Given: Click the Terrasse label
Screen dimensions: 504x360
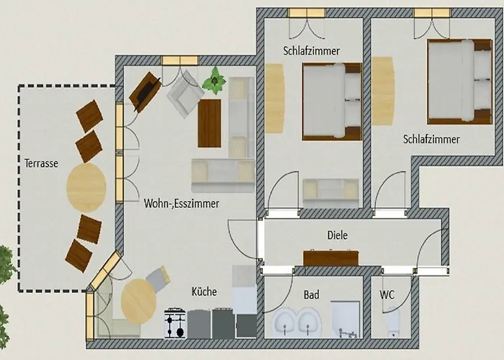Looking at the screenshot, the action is [42, 163].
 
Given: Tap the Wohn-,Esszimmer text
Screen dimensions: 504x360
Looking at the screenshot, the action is [181, 204].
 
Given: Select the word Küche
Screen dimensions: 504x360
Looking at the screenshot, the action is [204, 292].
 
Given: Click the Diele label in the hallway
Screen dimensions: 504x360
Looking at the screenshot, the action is [338, 235].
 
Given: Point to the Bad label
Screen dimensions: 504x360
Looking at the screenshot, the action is [312, 294].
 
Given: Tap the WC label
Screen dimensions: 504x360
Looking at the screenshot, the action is [387, 294].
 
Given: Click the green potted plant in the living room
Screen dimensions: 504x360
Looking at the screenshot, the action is [213, 81].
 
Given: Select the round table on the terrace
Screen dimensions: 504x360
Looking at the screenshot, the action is [86, 187].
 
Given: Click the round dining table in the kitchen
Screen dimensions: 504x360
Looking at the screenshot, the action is [138, 301].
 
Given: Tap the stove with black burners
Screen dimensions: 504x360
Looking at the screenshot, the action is [175, 323].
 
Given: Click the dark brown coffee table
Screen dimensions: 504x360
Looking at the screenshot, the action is [210, 123].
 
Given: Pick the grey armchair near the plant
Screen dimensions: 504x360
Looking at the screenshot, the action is [186, 94].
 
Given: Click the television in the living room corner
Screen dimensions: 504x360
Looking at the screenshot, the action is [145, 92].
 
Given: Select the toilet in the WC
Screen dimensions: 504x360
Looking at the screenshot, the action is [393, 322].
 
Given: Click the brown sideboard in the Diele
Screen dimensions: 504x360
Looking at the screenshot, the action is [330, 258].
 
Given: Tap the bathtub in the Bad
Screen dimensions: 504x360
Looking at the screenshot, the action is [345, 320].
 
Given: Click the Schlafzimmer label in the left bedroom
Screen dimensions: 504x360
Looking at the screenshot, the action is [312, 51].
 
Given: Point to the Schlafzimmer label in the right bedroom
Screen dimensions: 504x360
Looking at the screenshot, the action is [431, 139].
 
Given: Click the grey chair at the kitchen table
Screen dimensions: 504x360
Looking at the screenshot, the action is [158, 279].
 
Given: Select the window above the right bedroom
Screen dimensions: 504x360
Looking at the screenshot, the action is [432, 13].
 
